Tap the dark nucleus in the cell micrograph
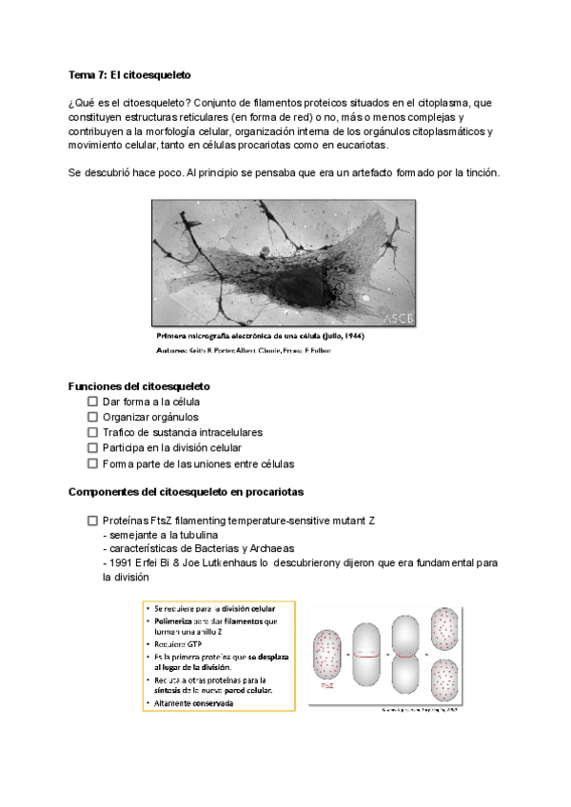click(x=285, y=271)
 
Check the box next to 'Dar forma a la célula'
click(x=92, y=403)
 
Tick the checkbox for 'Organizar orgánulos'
click(x=92, y=418)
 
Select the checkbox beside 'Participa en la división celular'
click(x=92, y=448)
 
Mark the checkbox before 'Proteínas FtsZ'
click(x=92, y=522)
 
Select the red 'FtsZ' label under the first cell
click(x=328, y=682)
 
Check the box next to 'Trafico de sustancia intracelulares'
click(x=92, y=433)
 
